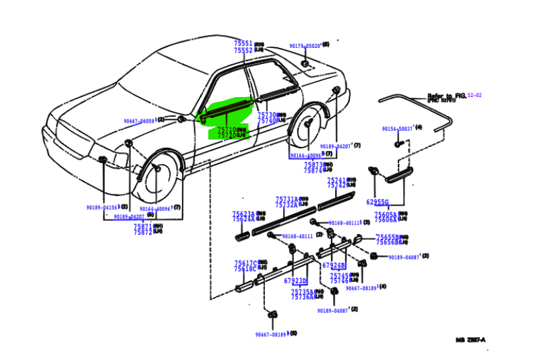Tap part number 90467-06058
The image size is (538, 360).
point(139,121)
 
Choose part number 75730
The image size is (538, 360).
point(267,115)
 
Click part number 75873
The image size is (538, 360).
point(313,164)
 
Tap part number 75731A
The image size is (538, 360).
point(286,199)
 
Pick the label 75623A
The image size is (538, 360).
point(243,214)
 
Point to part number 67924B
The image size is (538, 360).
point(333,265)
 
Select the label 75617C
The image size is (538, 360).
point(245,263)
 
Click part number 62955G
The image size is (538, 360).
point(377,201)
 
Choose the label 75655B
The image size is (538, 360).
point(387,237)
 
